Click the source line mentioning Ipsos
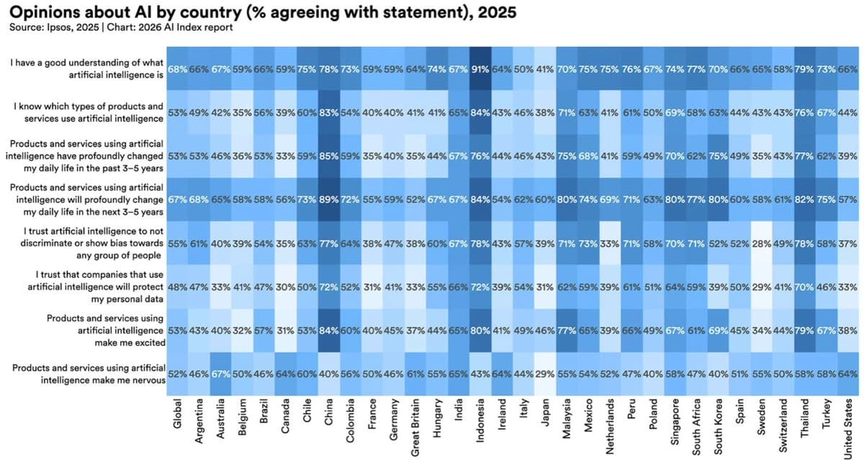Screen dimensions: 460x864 (x=121, y=27)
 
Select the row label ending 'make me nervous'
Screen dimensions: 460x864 (x=88, y=375)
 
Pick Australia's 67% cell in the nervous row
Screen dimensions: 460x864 (x=220, y=375)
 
